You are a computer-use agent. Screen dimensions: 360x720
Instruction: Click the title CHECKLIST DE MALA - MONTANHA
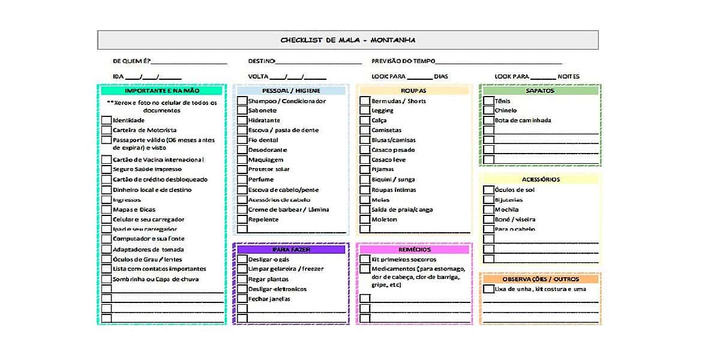point(348,40)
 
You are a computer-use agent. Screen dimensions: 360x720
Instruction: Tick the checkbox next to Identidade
point(106,121)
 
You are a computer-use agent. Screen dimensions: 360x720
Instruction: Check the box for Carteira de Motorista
point(106,130)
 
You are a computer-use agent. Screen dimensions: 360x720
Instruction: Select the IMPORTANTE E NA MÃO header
point(161,91)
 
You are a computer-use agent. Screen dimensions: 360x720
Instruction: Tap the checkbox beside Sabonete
point(242,110)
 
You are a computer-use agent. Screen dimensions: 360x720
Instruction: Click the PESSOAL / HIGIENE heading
point(291,91)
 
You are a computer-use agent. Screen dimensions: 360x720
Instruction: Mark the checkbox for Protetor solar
point(242,169)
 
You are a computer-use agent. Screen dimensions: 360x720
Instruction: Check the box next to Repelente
point(242,220)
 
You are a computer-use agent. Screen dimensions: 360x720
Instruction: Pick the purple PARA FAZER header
point(291,249)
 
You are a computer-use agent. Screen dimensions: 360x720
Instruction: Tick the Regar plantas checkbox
point(242,279)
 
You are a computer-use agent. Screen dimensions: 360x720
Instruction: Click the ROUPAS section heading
point(414,91)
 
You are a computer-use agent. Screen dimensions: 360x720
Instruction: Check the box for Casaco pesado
point(365,150)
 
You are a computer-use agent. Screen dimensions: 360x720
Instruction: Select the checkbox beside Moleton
point(365,220)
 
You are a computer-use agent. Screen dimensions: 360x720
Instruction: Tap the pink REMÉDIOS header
point(414,249)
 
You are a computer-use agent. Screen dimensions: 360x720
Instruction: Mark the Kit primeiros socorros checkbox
point(365,259)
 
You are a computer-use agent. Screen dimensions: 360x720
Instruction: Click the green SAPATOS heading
point(539,91)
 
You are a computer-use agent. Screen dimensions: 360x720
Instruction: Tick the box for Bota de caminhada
point(488,121)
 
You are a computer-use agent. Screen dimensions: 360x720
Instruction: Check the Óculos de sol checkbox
point(488,190)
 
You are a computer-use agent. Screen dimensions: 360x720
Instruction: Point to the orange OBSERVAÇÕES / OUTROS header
point(539,279)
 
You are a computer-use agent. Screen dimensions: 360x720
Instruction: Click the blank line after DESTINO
point(318,62)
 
